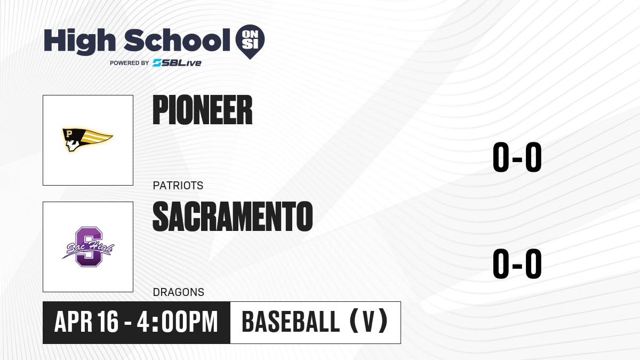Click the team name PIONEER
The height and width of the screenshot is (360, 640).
coord(203,110)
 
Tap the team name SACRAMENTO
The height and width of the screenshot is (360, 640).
coord(233,217)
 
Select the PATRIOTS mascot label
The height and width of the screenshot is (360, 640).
coord(178,186)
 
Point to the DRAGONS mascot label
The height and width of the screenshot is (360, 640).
coord(179,292)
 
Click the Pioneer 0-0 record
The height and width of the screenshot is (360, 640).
coord(517,157)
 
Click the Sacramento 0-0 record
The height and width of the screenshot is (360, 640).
coord(517,263)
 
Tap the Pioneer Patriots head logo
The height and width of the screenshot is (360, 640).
coord(87,140)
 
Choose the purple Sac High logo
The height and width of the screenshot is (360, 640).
coord(88,247)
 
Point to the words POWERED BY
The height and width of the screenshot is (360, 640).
coord(130,63)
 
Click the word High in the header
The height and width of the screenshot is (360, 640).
coord(79,42)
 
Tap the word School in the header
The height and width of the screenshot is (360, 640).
coord(177,40)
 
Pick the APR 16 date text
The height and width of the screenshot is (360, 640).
coord(86,322)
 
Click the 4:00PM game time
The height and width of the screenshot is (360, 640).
coord(178,322)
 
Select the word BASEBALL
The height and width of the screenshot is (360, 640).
coord(291,322)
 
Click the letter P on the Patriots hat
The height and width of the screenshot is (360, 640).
coord(69,133)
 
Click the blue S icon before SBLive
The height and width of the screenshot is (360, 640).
coord(157,63)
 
